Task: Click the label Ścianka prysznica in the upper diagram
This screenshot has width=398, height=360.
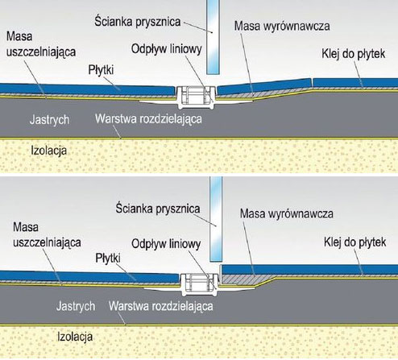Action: click(x=137, y=22)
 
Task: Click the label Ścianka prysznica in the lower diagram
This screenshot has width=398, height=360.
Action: click(x=158, y=209)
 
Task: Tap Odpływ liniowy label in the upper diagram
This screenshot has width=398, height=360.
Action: click(x=167, y=49)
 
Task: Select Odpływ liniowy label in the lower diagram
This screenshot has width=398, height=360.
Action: click(x=166, y=244)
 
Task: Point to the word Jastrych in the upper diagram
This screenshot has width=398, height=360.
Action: click(x=49, y=119)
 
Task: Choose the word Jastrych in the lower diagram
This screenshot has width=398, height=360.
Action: click(x=76, y=306)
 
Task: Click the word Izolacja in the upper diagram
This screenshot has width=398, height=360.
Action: click(x=49, y=151)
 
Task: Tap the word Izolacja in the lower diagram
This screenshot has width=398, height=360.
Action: click(x=75, y=337)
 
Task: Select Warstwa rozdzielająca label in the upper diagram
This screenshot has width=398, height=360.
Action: click(x=148, y=119)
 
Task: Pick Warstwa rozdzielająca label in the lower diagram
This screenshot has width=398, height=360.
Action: click(x=160, y=306)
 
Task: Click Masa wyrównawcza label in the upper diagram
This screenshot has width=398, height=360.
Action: click(x=282, y=26)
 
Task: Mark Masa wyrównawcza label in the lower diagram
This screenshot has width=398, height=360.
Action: click(x=287, y=213)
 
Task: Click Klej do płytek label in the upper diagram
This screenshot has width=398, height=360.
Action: click(x=354, y=54)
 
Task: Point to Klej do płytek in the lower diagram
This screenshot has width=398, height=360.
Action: click(x=354, y=242)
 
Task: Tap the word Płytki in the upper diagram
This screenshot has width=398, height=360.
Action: click(x=101, y=70)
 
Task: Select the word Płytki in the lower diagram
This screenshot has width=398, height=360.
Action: click(x=108, y=259)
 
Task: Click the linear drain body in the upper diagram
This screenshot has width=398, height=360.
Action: click(x=196, y=97)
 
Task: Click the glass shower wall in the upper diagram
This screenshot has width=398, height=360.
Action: click(x=213, y=37)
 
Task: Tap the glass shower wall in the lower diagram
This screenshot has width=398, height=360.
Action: click(x=216, y=219)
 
